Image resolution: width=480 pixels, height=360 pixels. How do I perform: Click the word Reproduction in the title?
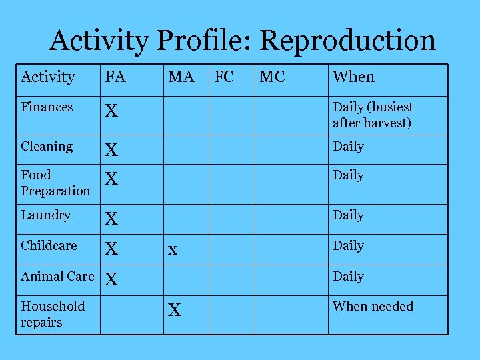point(347,41)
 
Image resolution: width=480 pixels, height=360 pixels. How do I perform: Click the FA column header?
point(115,77)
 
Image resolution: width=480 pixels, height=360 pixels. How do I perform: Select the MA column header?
point(181,77)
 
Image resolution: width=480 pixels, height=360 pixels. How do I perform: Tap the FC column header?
point(223,77)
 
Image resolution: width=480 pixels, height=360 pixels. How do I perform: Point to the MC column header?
point(272,77)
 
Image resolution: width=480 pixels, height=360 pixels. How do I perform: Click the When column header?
point(353,77)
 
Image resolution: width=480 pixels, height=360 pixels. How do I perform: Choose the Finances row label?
point(47,107)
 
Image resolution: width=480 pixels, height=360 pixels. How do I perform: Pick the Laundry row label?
point(45,215)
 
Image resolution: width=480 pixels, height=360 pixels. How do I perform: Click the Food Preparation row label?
point(55,183)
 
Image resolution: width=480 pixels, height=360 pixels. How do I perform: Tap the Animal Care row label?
point(57,276)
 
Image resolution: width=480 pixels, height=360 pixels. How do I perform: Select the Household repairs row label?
point(53,314)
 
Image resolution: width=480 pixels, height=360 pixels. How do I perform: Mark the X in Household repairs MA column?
point(175,311)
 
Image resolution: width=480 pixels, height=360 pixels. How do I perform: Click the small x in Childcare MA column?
point(173,250)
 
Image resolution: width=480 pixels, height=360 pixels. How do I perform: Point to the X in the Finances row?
point(111,111)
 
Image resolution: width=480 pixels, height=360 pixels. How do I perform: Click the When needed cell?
point(373,306)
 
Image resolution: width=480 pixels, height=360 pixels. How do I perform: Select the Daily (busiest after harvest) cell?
point(373,115)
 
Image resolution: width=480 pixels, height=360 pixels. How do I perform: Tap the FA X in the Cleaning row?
point(111,151)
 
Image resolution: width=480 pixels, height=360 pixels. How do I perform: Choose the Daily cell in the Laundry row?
point(348,215)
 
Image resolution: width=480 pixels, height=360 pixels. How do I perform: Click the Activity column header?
point(48,77)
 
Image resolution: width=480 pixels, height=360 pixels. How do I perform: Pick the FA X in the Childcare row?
point(111,249)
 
